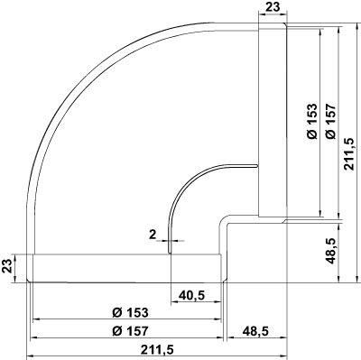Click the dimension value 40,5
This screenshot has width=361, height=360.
coord(191,296)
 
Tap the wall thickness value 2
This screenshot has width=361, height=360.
coord(153,235)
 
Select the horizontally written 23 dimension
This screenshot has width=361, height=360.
coord(273,7)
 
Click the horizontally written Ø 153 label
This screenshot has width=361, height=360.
coord(130,313)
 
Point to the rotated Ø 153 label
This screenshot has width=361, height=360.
coord(312,121)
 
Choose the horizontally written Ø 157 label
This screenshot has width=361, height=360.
coord(130,331)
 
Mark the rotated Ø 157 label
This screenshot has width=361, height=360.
coord(330,121)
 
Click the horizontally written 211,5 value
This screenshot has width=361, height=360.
coord(157,350)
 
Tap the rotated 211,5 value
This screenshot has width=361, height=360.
coord(349,154)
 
